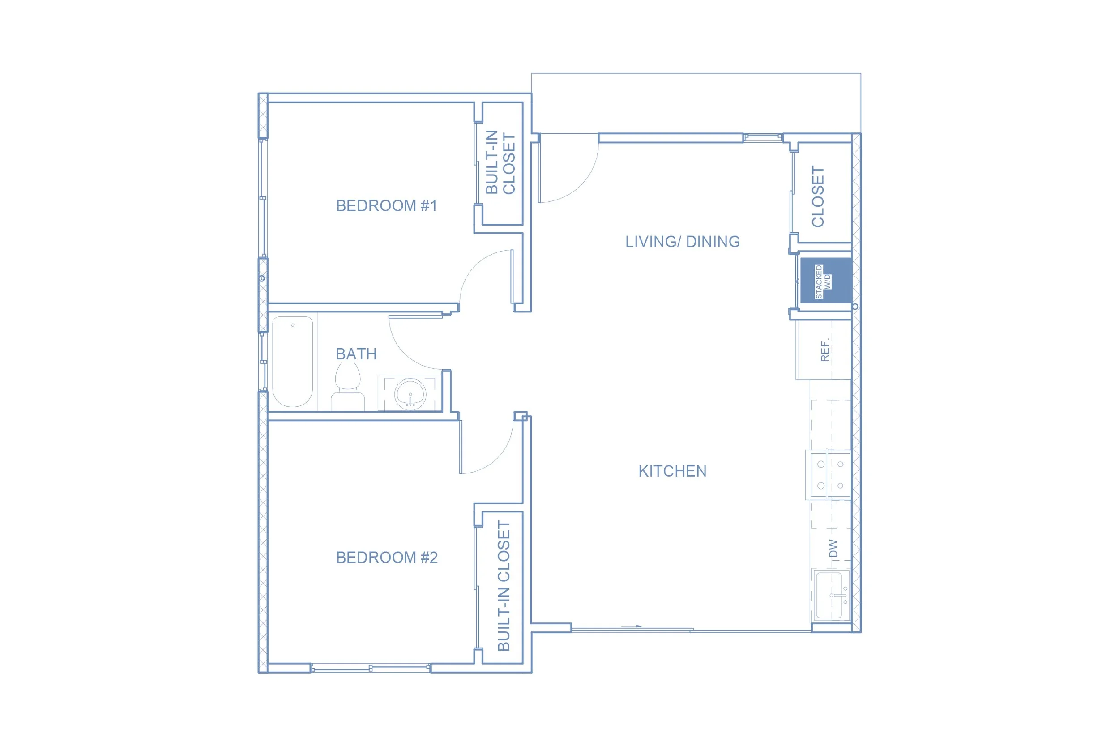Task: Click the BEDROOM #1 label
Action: (386, 205)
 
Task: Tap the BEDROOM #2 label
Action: (387, 557)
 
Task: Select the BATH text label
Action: (356, 354)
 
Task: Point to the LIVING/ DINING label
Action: (682, 242)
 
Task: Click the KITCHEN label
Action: (672, 471)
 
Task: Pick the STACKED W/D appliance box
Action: (826, 280)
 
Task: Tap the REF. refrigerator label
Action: (825, 350)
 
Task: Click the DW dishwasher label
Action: (833, 549)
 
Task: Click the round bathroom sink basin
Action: (410, 394)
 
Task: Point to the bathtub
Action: (293, 362)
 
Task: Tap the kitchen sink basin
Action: (831, 595)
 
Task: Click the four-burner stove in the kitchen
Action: (829, 475)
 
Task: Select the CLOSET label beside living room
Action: (817, 196)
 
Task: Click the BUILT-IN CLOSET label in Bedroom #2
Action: (504, 586)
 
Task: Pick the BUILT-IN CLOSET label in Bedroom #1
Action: (500, 162)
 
